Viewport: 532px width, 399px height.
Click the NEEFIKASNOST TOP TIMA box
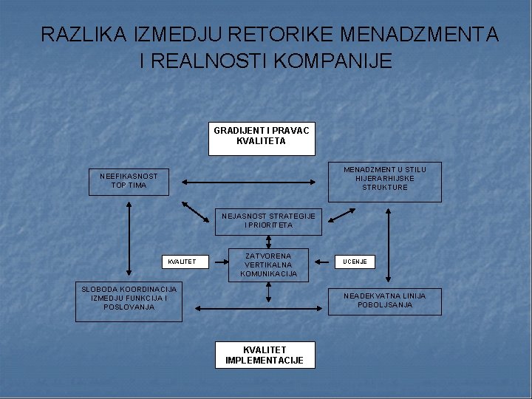click(129, 181)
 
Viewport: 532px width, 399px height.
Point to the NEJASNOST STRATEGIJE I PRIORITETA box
click(268, 220)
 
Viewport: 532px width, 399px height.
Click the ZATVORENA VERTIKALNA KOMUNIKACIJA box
click(268, 265)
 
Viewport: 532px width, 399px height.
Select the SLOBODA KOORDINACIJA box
click(129, 301)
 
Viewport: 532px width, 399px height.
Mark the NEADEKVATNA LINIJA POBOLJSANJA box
click(384, 300)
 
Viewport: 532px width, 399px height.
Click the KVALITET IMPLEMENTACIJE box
click(265, 355)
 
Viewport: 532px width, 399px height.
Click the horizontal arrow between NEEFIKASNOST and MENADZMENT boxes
click(248, 181)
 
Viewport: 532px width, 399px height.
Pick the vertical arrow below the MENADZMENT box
click(388, 244)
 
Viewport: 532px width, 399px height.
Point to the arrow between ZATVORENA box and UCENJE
click(322, 261)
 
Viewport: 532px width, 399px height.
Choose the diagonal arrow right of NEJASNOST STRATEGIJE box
click(341, 214)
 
